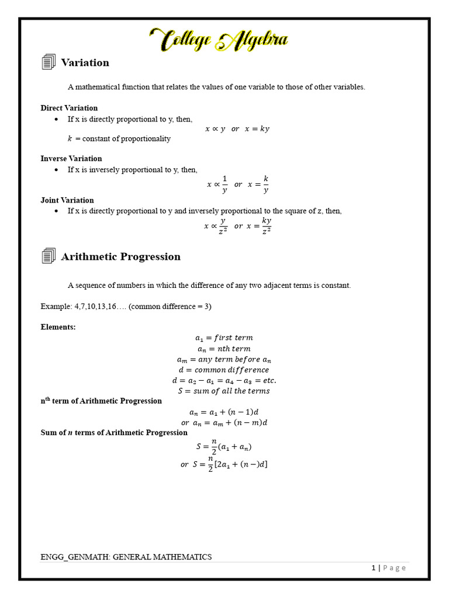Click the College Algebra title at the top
219,40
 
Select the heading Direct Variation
69,108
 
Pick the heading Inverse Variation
71,158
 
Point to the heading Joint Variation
67,200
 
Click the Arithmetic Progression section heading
121,256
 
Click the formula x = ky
257,129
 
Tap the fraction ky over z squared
266,225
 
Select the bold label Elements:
58,327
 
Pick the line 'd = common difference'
224,370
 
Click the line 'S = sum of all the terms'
224,391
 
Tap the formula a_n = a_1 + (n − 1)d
224,412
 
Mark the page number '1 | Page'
388,568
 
